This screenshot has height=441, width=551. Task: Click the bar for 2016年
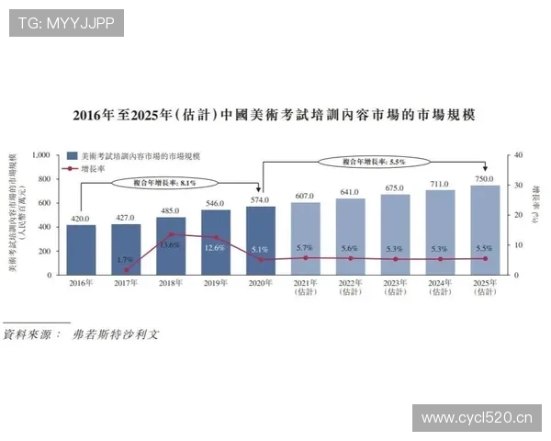[82, 249]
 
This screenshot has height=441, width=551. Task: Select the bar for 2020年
[261, 240]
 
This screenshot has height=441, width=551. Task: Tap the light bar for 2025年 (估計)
[485, 230]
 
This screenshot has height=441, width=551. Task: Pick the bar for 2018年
[171, 245]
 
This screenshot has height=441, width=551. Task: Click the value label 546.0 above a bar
[216, 202]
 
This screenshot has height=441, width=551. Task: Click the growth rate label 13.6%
[170, 245]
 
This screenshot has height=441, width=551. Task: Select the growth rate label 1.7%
[126, 260]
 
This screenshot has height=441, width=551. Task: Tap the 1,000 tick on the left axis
[39, 155]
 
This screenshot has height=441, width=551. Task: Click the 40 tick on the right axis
[516, 155]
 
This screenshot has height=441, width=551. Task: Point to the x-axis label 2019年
[216, 283]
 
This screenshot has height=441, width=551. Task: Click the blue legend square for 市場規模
[72, 157]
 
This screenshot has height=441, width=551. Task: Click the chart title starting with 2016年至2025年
[275, 116]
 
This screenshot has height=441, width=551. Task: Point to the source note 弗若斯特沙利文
[116, 334]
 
